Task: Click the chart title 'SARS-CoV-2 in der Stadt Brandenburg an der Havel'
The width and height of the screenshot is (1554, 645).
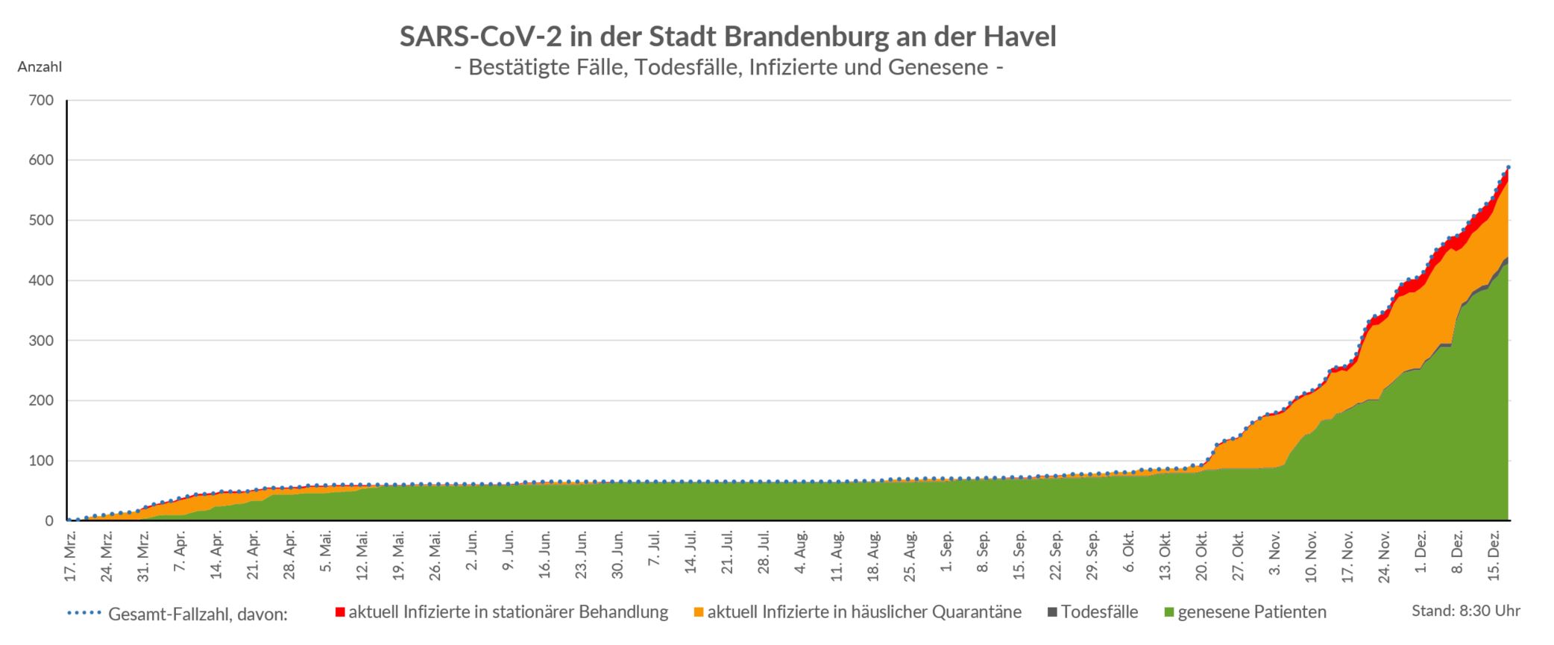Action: (x=728, y=37)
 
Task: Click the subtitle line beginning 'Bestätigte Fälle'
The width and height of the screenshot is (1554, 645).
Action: (x=728, y=68)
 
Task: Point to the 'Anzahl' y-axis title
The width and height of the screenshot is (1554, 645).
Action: (x=40, y=67)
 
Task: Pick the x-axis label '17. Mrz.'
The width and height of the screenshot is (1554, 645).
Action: (x=71, y=556)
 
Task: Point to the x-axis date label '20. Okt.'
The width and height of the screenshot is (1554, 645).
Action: (x=1202, y=556)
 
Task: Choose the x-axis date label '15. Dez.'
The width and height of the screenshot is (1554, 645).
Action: (x=1494, y=556)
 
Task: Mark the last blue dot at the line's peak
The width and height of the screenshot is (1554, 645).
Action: (x=1508, y=167)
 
